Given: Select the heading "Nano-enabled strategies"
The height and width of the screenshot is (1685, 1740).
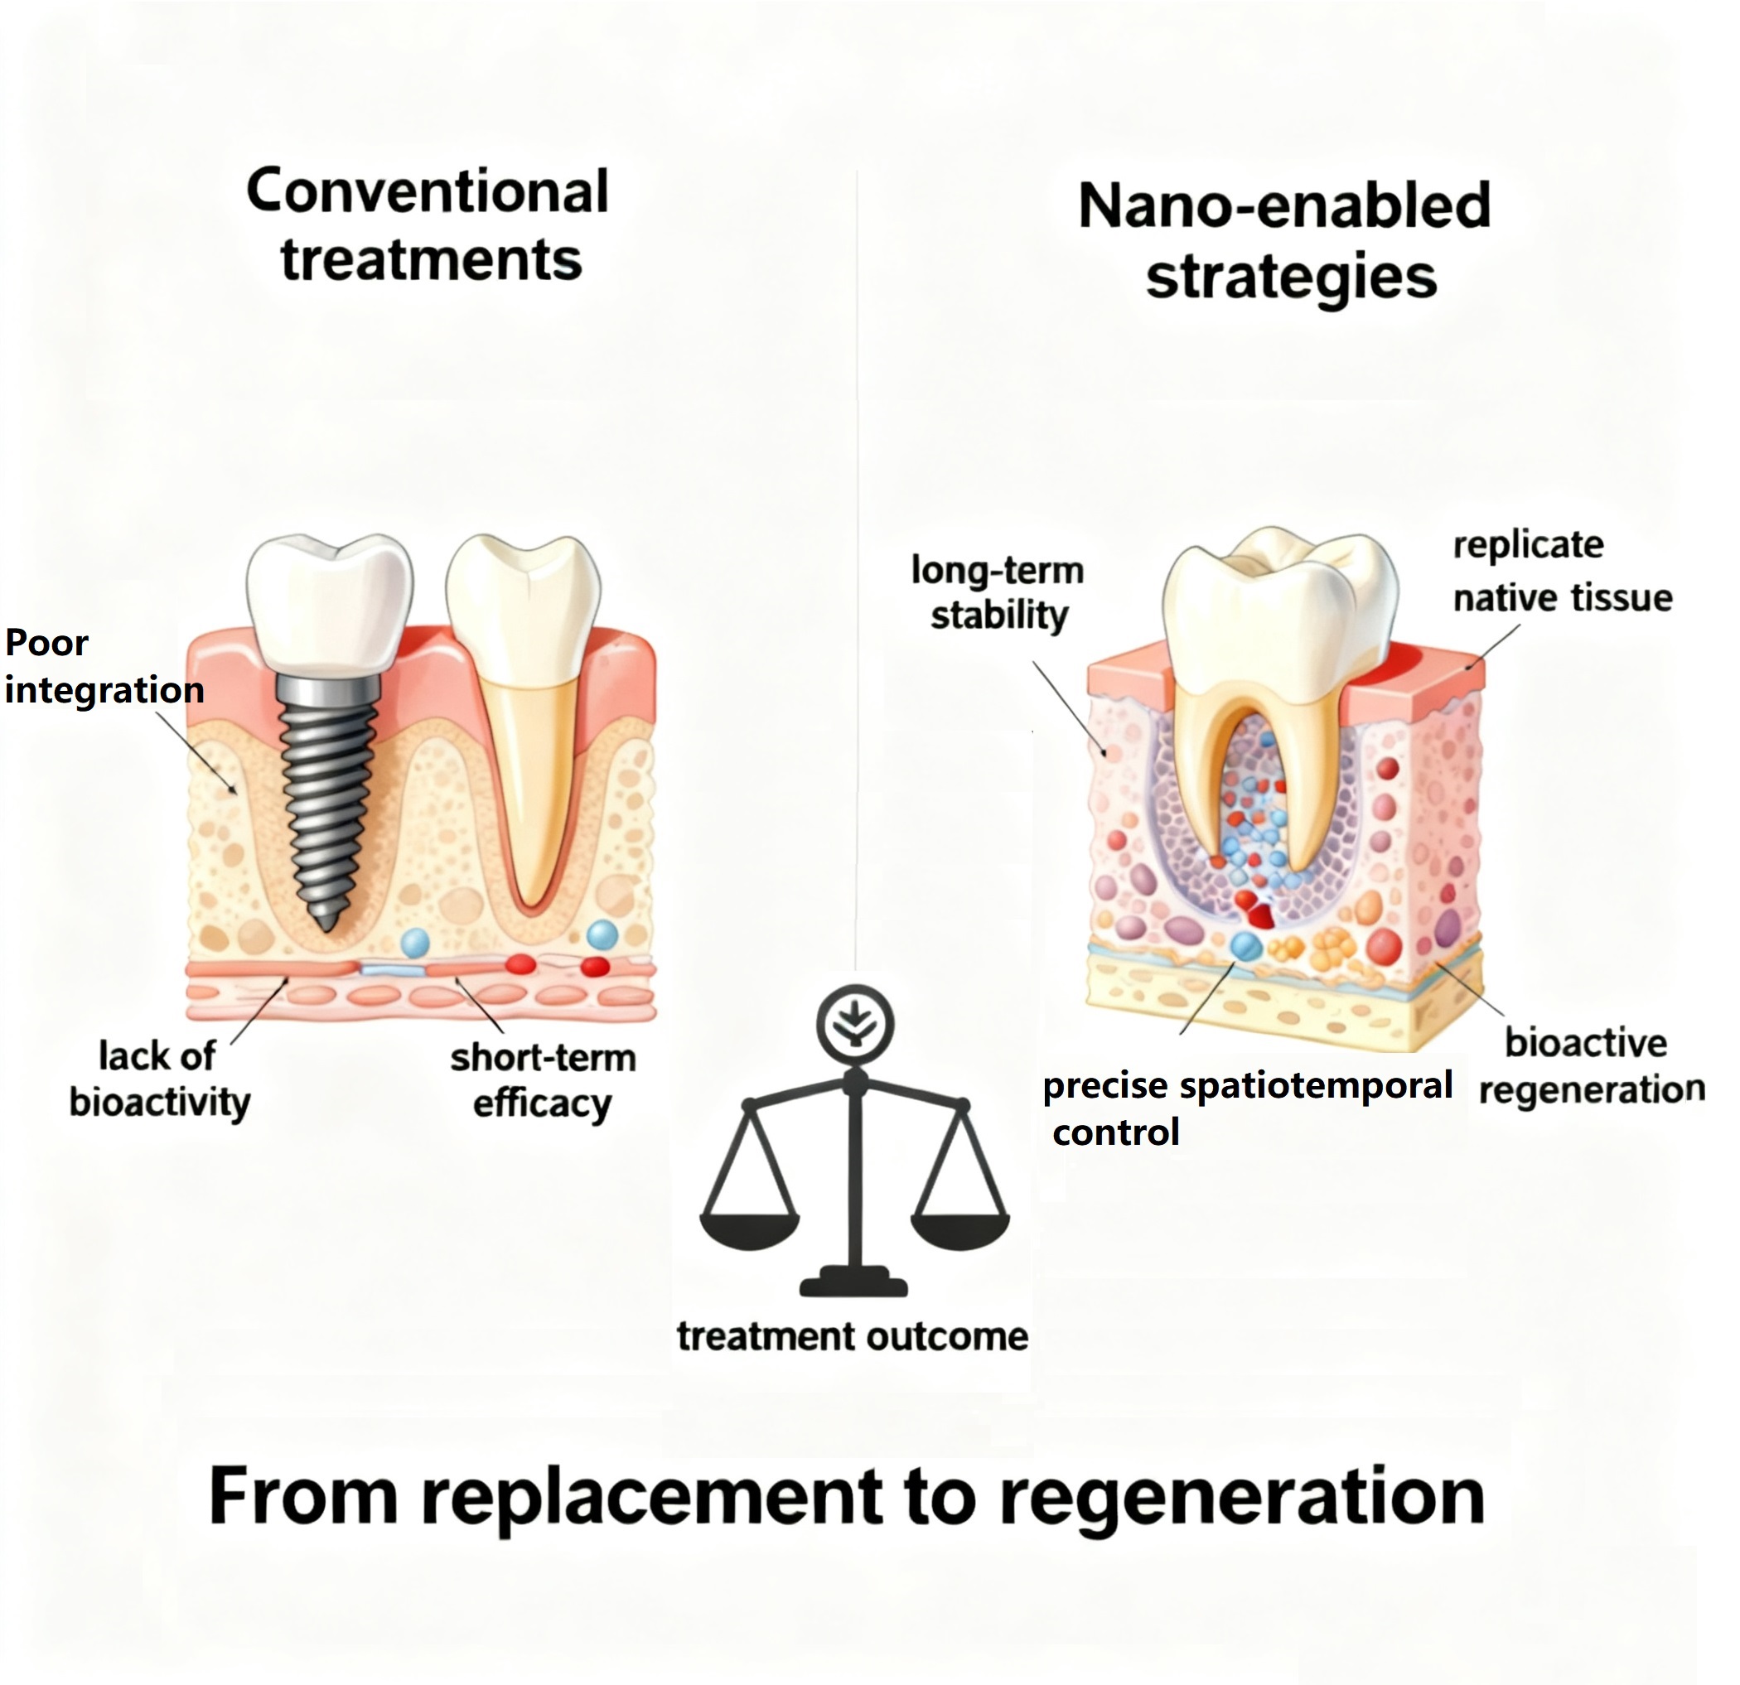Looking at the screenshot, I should pos(1284,239).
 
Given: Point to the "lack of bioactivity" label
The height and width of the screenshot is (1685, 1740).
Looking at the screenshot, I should pos(160,1079).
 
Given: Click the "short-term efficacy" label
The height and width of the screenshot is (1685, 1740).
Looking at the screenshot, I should pos(543,1080).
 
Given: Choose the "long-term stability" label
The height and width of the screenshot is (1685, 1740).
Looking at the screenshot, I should pos(998,592).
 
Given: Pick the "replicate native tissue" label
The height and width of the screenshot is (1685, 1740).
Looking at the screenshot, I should pos(1561,571).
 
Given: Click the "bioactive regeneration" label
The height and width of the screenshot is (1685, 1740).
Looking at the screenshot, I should pos(1590,1065).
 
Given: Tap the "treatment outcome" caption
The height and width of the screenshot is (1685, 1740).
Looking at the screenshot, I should pos(853,1336).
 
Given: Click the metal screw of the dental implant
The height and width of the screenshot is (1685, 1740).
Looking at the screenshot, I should pos(324,799).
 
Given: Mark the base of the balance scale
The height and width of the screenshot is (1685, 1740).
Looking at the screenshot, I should pos(853,1283).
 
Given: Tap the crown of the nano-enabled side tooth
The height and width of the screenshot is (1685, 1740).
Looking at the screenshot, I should pos(1278,604).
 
